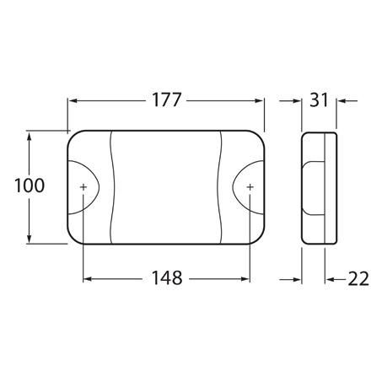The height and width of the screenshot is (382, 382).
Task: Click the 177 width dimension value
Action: pyautogui.click(x=167, y=100)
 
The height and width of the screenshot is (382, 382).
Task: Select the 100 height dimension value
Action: pyautogui.click(x=30, y=186)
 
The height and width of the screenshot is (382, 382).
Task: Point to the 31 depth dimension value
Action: pyautogui.click(x=319, y=100)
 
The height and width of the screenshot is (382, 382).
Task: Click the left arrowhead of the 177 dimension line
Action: pyautogui.click(x=73, y=100)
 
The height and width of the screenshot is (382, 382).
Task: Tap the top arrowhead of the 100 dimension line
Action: pyautogui.click(x=30, y=135)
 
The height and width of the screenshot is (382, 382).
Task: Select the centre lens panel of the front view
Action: pyautogui.click(x=166, y=186)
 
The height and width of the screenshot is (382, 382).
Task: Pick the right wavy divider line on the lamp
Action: pyautogui.click(x=221, y=186)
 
